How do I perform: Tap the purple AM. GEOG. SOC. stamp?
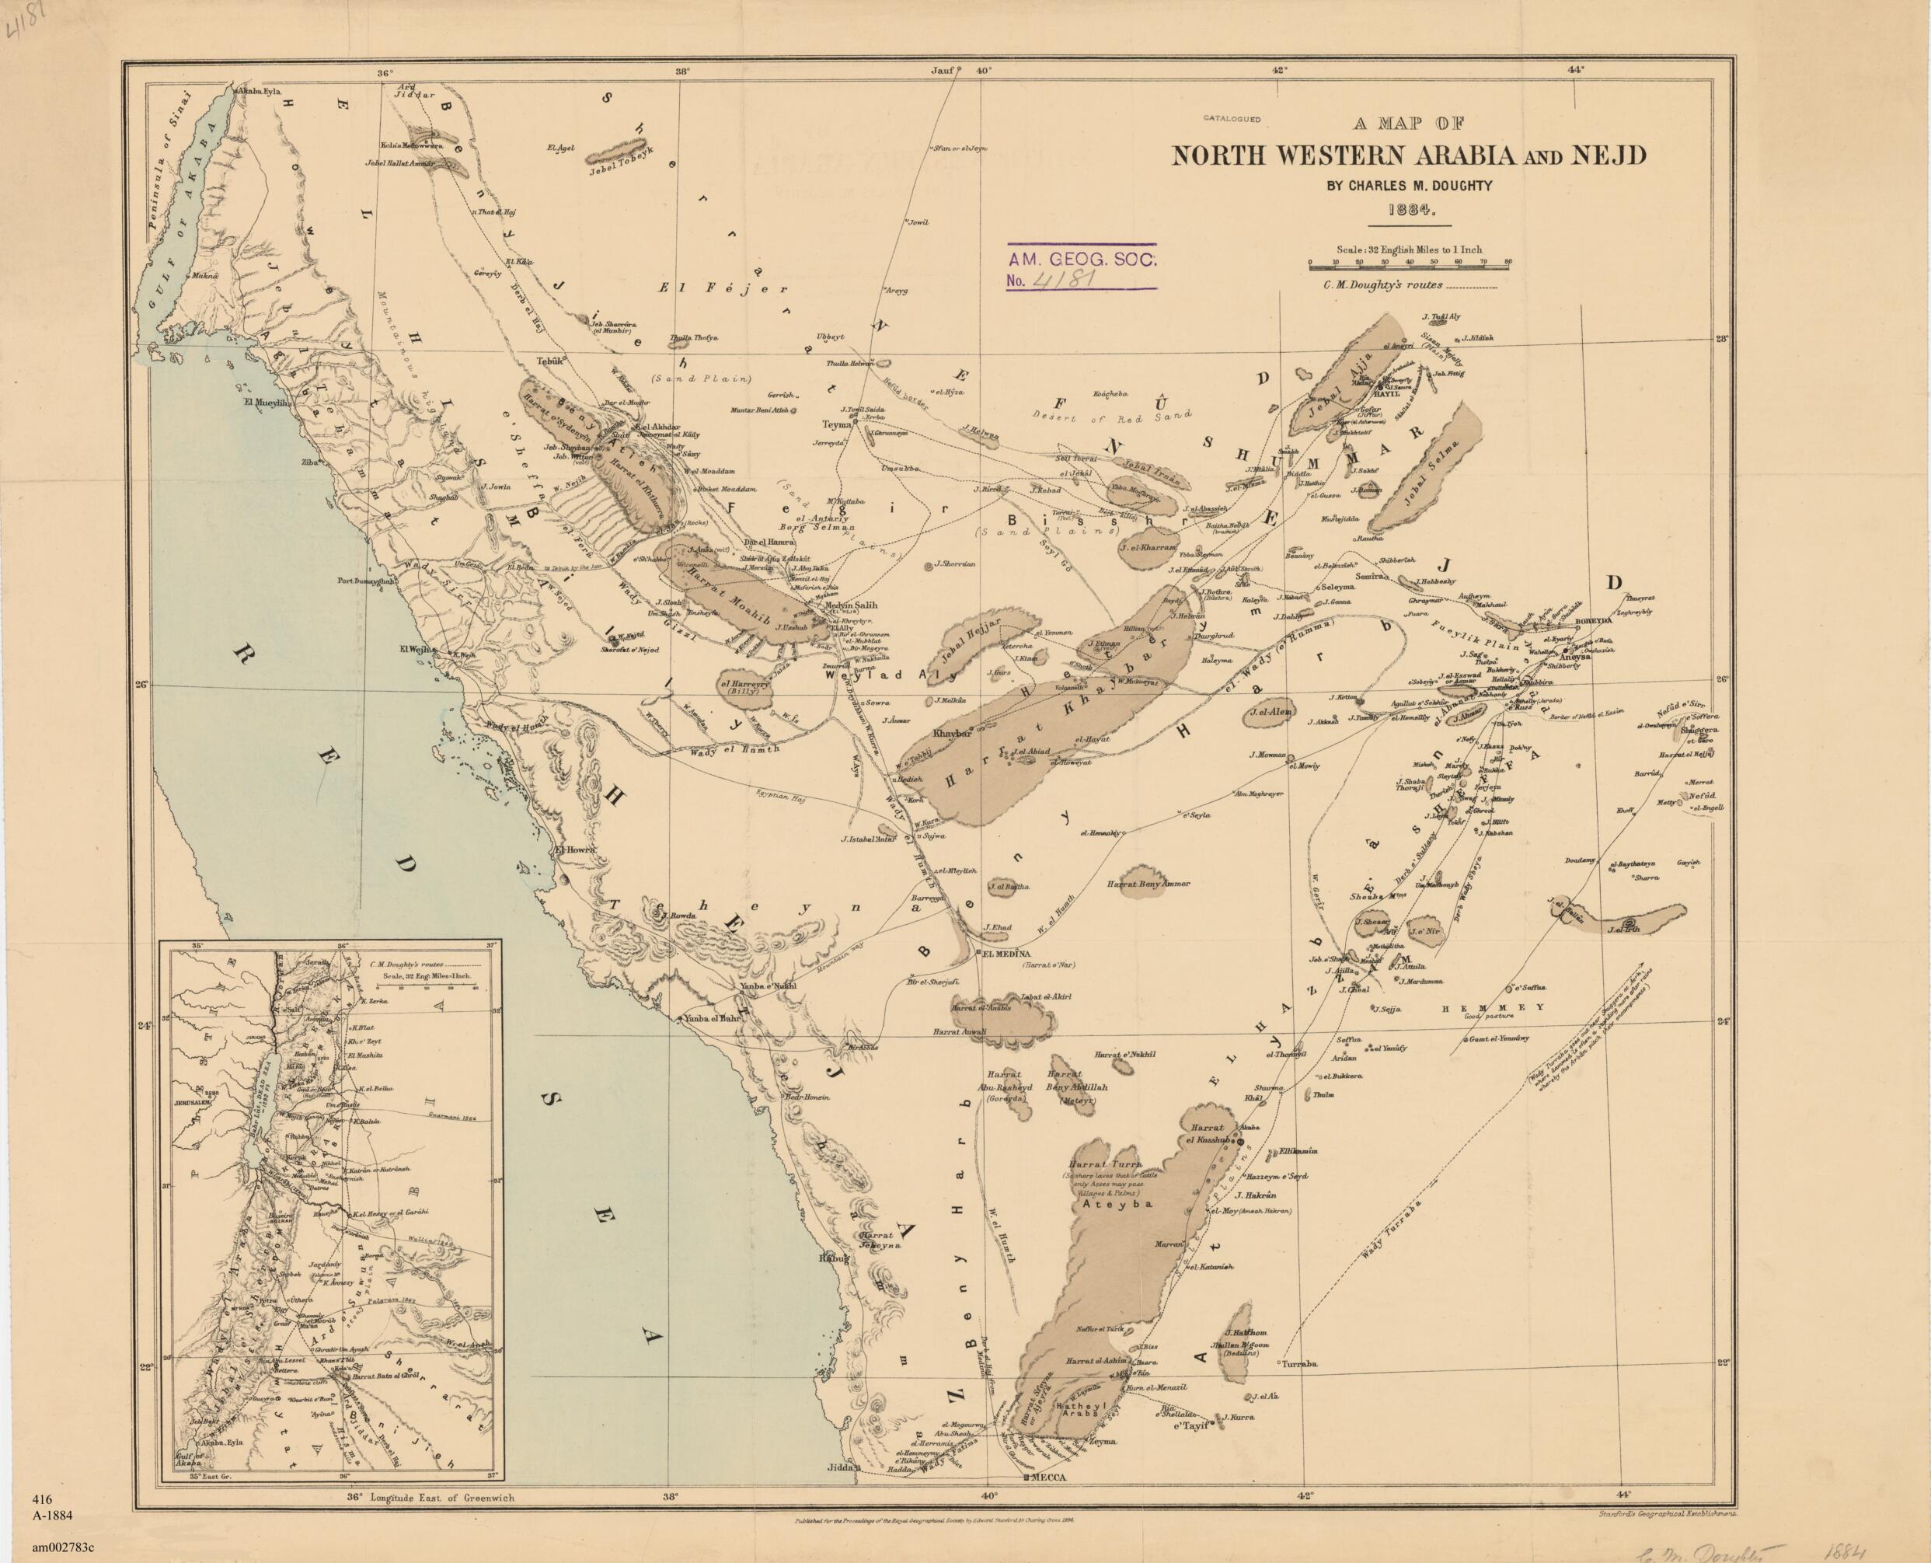(1080, 267)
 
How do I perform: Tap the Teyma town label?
(836, 423)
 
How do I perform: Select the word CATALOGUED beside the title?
(1232, 119)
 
